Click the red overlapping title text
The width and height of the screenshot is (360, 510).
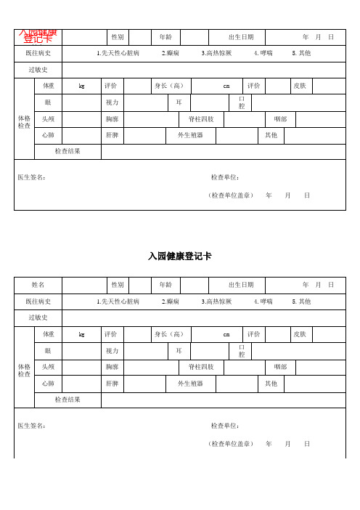coord(38,36)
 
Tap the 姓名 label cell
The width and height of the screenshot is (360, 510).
coord(38,284)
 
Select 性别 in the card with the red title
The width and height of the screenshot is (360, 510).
coord(116,36)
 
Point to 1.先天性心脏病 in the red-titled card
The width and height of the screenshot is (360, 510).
coord(118,53)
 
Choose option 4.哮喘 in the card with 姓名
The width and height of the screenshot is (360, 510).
coord(263,301)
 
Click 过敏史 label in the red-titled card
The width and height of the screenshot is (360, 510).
coord(38,70)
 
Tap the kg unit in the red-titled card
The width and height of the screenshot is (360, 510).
coord(81,86)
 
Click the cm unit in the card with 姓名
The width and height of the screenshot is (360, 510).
coord(226,334)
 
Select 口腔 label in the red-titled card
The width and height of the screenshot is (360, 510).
coord(242,102)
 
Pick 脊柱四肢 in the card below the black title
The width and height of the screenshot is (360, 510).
coord(201,367)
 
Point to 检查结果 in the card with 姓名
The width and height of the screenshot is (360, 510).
coord(68,400)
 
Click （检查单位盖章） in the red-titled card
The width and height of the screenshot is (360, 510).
coord(230,195)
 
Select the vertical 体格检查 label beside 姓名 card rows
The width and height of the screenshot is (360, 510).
coord(24,370)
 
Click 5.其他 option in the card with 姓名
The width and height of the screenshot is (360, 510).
coord(301,301)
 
